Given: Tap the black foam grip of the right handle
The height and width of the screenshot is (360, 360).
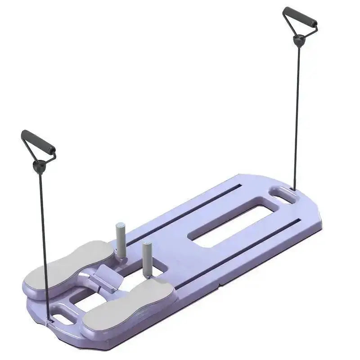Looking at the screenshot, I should (x=300, y=17).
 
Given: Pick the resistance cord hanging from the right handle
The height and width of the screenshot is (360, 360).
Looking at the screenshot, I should (x=297, y=112).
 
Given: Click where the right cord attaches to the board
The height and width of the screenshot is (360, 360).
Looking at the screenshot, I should (x=294, y=190).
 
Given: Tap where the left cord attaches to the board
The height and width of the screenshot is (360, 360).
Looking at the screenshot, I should (x=49, y=322).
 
